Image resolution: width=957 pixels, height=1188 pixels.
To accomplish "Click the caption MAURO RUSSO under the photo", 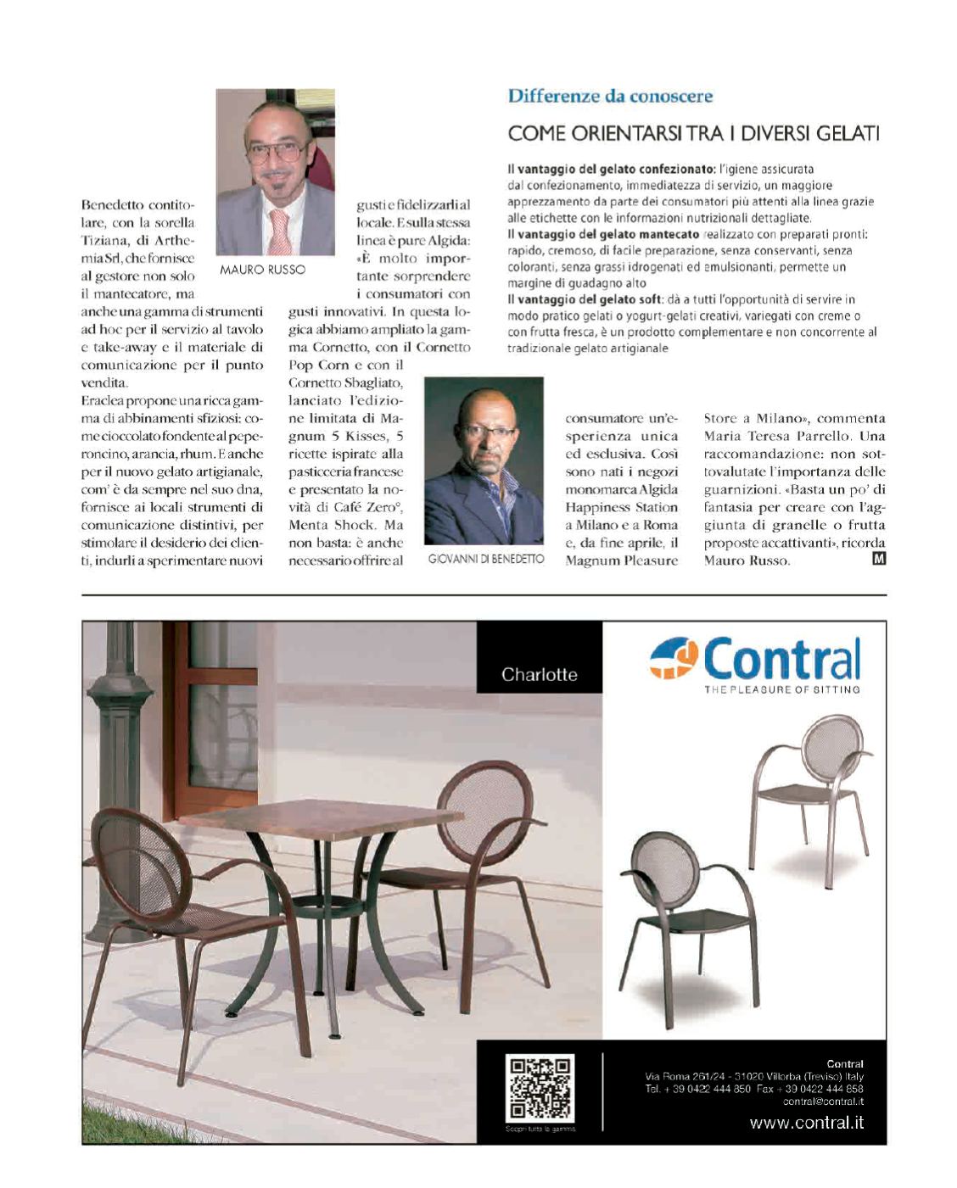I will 262,270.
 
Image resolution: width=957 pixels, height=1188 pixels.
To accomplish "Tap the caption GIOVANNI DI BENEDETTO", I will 485,560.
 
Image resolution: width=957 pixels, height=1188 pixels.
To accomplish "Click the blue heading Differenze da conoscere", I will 610,96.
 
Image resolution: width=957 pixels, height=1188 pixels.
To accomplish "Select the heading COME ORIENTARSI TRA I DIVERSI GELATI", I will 693,133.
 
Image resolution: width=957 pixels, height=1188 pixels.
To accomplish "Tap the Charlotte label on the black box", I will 539,675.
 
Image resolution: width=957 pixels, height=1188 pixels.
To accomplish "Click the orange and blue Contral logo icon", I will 674,660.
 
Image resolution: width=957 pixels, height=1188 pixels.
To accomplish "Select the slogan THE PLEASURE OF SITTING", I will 781,689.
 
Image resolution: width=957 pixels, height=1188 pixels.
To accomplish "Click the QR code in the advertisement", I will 540,1088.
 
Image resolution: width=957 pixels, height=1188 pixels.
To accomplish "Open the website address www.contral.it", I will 806,1124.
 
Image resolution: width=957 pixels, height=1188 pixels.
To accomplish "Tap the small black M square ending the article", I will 879,559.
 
